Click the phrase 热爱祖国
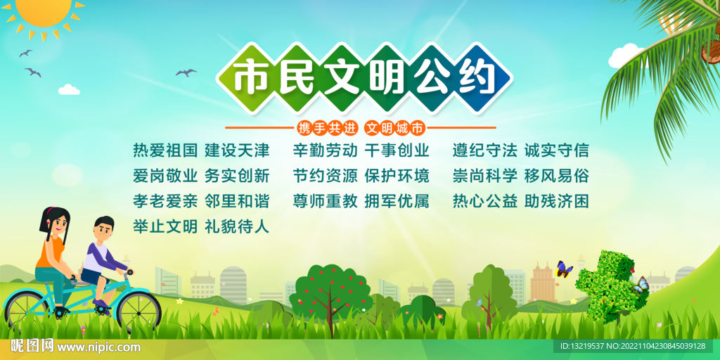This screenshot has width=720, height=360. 165,150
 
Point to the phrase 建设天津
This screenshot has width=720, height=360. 237,150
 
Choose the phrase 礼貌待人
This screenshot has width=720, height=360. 237,226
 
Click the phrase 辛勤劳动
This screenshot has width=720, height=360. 325,150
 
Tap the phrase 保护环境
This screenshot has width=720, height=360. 397,176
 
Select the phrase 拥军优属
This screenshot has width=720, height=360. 397,201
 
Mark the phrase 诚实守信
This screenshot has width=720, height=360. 556,150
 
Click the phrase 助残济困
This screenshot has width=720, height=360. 556,201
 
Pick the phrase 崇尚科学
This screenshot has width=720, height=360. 485,176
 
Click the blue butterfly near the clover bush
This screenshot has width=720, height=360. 640,285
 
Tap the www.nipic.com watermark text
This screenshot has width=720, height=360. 98,347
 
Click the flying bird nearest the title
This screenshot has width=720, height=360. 186,72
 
